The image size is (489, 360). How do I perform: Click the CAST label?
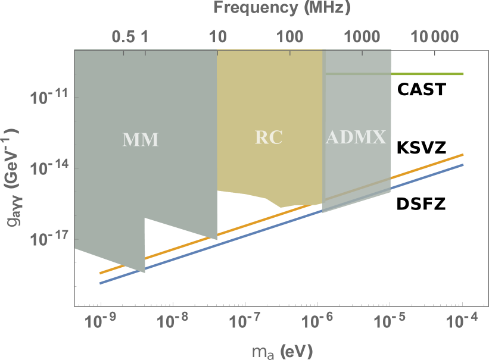423,90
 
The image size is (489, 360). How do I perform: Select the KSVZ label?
421,147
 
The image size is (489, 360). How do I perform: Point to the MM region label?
141,140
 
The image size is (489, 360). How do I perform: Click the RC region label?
269,137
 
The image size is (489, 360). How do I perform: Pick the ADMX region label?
356,137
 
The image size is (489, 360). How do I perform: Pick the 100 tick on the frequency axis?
290,37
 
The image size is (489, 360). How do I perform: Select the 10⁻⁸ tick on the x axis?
172,322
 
